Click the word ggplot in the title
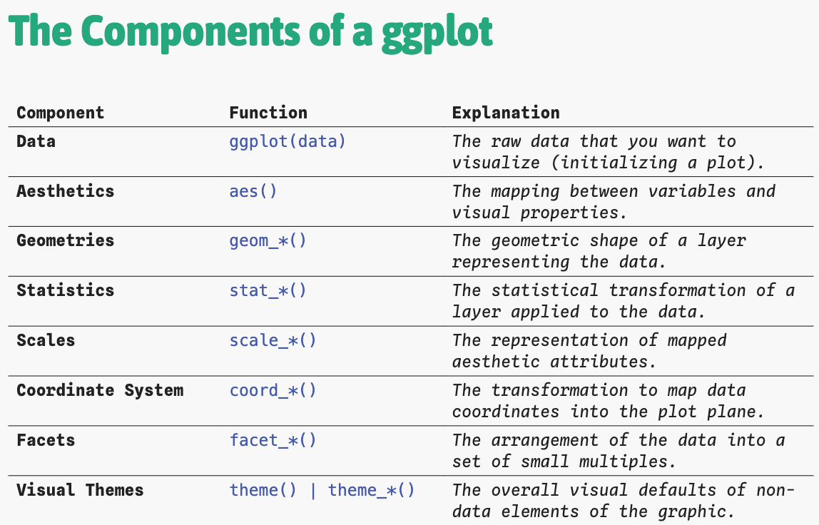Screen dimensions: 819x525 click(x=437, y=32)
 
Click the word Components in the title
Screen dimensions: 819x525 click(x=190, y=32)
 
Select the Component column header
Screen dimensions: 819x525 click(x=61, y=113)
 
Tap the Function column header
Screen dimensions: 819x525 click(x=268, y=112)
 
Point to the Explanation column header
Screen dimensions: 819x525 click(x=506, y=113)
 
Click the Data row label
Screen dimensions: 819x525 click(x=36, y=141)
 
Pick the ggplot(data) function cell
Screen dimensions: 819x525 click(x=288, y=142)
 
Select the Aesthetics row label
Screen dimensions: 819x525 click(x=66, y=191)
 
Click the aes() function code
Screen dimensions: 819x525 click(x=253, y=192)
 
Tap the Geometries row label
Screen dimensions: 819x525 click(x=66, y=241)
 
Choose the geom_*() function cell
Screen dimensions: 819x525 click(x=268, y=241)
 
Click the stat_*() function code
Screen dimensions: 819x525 click(x=268, y=290)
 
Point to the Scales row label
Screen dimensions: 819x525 click(x=46, y=340)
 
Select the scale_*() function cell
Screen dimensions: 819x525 click(x=273, y=340)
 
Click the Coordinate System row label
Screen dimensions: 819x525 click(x=101, y=391)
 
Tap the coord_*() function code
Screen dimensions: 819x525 click(x=273, y=391)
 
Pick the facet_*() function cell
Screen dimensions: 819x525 click(x=273, y=440)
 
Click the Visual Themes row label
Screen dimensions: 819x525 click(x=80, y=490)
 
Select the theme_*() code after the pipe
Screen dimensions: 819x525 click(x=372, y=491)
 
